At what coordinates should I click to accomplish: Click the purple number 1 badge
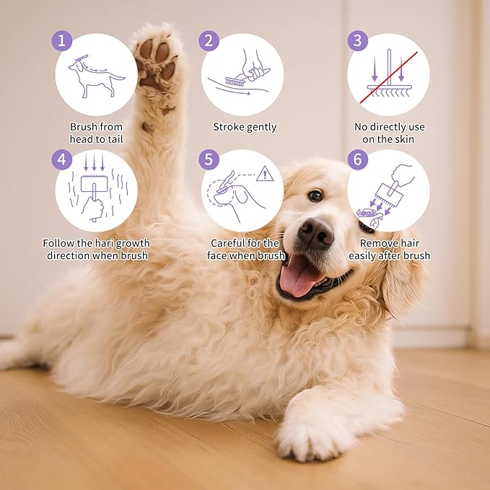click(62, 40)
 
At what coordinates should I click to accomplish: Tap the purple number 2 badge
click(209, 40)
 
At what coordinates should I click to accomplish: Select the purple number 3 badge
click(357, 40)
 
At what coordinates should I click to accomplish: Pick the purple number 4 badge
click(62, 159)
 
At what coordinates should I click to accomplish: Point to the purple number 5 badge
click(209, 159)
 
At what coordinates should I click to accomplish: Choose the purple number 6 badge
click(357, 159)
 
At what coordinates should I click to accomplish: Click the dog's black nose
click(315, 233)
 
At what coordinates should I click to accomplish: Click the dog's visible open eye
click(315, 196)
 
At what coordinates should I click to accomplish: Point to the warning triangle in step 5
click(265, 174)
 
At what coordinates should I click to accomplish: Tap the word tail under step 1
click(115, 139)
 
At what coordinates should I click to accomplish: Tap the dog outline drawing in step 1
click(96, 77)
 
